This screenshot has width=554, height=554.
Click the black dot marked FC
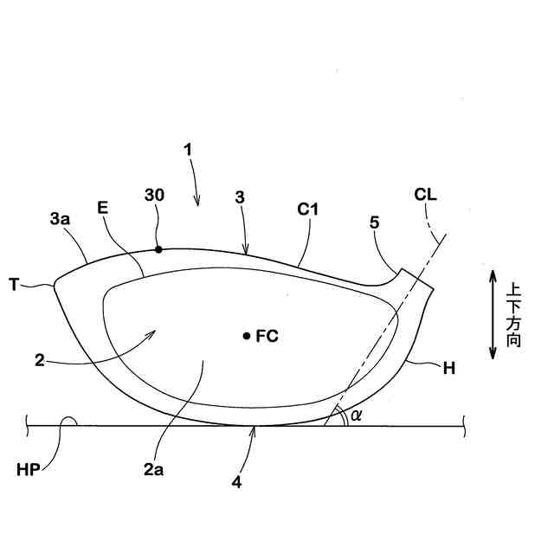click(247, 335)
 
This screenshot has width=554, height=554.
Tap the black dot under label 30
click(158, 250)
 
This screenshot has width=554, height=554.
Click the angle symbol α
click(356, 416)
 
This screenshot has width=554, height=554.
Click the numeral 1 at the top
click(187, 149)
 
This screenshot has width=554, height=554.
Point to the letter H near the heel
click(448, 368)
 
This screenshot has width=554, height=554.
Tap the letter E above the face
click(103, 208)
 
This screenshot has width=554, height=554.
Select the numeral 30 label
click(155, 196)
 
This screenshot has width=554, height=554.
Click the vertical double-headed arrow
click(492, 313)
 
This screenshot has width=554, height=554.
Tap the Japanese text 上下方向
click(514, 314)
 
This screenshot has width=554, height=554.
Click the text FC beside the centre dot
click(267, 336)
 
